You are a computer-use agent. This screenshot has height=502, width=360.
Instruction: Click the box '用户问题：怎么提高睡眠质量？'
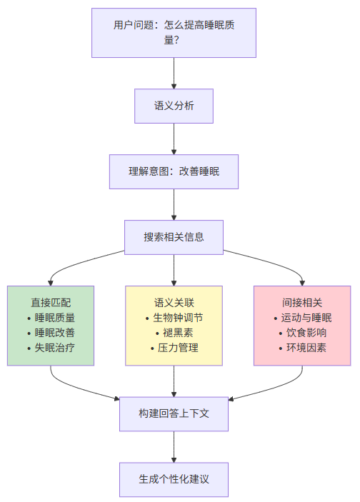(x=174, y=33)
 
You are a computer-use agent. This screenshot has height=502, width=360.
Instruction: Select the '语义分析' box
(x=174, y=106)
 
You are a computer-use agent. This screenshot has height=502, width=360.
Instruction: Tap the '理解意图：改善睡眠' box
(x=174, y=171)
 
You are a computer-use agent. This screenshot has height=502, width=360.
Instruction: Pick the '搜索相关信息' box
(x=174, y=236)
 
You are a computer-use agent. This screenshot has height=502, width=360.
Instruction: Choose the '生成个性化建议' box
(x=174, y=478)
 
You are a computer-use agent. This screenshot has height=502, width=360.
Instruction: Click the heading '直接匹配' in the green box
(x=51, y=302)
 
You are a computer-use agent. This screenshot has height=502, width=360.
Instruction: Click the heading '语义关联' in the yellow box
(x=174, y=302)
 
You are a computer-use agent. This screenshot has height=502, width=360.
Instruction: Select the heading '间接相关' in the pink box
(x=302, y=302)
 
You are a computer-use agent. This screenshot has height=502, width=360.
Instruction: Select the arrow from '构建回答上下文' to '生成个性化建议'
(x=174, y=446)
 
